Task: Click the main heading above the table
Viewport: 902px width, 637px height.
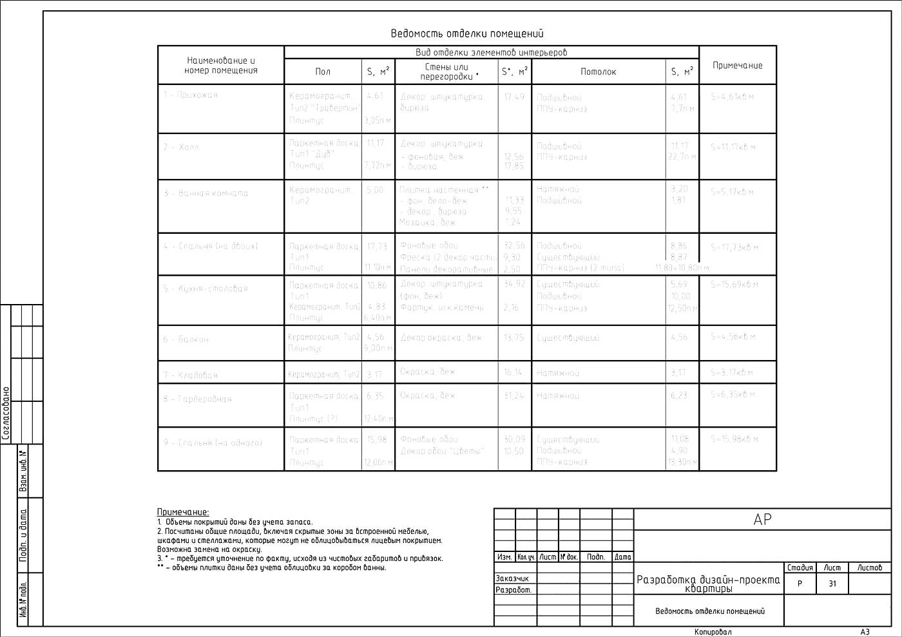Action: pos(467,33)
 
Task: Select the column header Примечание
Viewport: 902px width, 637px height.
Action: pos(737,65)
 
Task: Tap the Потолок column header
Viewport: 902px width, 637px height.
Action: pos(598,71)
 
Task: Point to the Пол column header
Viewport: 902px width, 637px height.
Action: pos(323,71)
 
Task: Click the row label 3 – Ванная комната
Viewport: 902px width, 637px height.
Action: pos(206,193)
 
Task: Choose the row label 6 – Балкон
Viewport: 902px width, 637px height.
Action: pos(186,339)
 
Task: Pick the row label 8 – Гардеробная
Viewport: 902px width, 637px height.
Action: pos(197,399)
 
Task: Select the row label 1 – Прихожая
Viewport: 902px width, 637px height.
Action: pos(191,95)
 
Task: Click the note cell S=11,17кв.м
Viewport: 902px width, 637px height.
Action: pos(733,147)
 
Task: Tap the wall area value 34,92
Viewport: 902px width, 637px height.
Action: pos(514,283)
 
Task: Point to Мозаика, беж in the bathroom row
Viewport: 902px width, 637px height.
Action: pos(427,222)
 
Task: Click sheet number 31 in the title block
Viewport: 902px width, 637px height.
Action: pos(832,584)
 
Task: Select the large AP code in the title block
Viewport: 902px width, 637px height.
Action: pos(762,519)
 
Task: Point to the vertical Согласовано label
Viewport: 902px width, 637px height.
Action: pos(6,412)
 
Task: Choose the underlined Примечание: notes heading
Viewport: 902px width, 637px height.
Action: pos(183,512)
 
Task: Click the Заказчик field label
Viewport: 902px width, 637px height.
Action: pos(512,578)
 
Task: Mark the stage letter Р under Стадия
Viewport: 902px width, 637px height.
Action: pos(800,584)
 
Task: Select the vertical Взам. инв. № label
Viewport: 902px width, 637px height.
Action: pos(24,471)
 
